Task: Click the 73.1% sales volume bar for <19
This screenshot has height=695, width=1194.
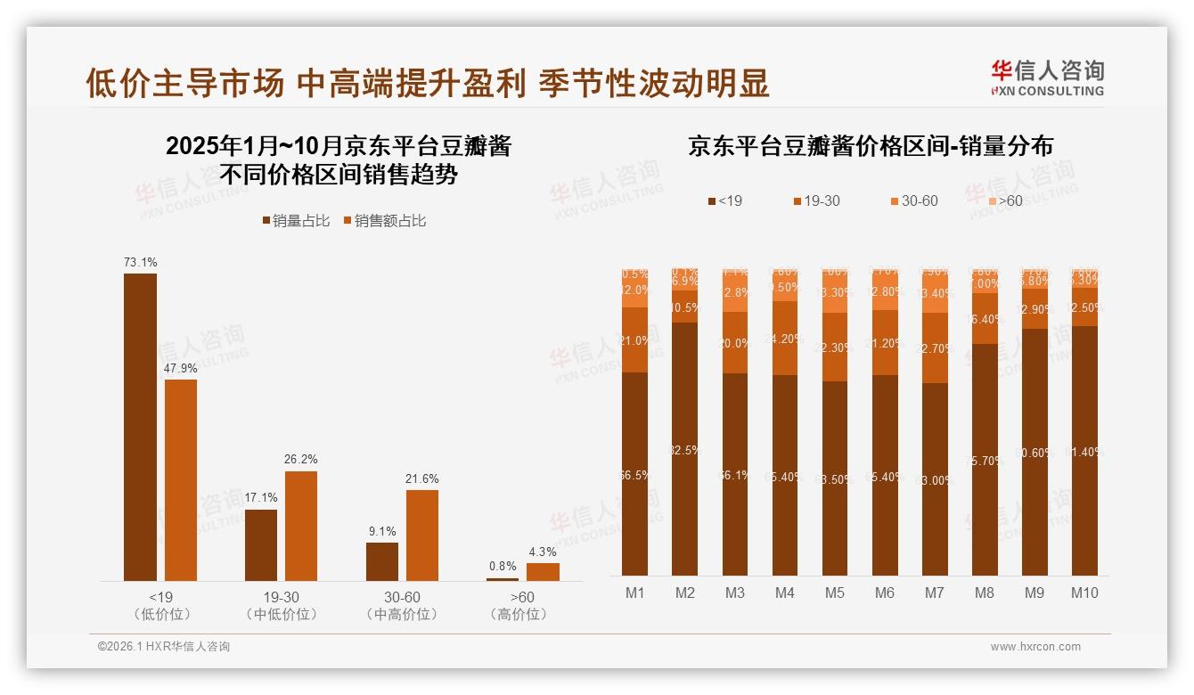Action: (140, 428)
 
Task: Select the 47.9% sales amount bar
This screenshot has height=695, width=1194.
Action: (181, 481)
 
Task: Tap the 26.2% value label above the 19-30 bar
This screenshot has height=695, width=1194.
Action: (301, 460)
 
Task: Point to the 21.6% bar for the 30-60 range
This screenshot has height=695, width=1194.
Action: (422, 536)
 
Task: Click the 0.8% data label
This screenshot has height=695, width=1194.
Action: (503, 567)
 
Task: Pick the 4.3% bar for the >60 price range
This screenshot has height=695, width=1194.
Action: (543, 572)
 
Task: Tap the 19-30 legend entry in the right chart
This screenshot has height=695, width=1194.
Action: (815, 201)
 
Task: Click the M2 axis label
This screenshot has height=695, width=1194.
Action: (684, 593)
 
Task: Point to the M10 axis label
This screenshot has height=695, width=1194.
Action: (1084, 593)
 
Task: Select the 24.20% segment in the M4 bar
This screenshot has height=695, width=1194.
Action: (785, 339)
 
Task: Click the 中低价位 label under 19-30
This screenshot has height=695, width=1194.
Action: (281, 615)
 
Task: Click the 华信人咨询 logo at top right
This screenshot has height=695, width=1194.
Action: (1047, 78)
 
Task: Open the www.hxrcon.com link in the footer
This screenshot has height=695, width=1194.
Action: (1035, 647)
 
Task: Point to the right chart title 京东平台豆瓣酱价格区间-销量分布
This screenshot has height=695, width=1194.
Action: (870, 147)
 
